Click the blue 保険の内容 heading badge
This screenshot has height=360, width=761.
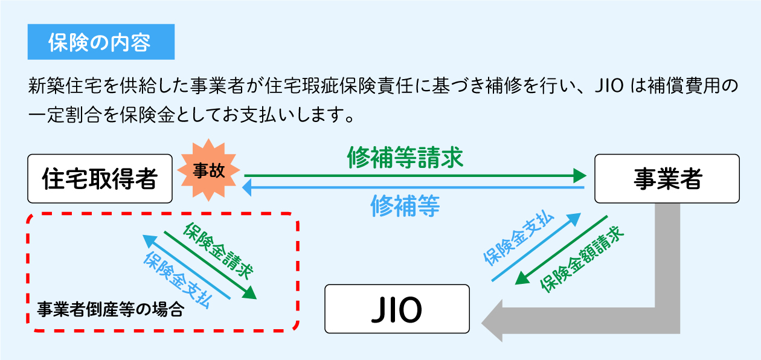[101, 42]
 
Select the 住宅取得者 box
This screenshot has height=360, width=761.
[100, 179]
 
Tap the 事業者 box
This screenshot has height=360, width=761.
[667, 179]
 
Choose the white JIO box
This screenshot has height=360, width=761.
[397, 309]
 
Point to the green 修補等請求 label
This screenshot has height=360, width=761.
[405, 158]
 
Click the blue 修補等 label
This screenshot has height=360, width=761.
[405, 206]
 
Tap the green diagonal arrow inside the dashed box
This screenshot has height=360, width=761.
[210, 265]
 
